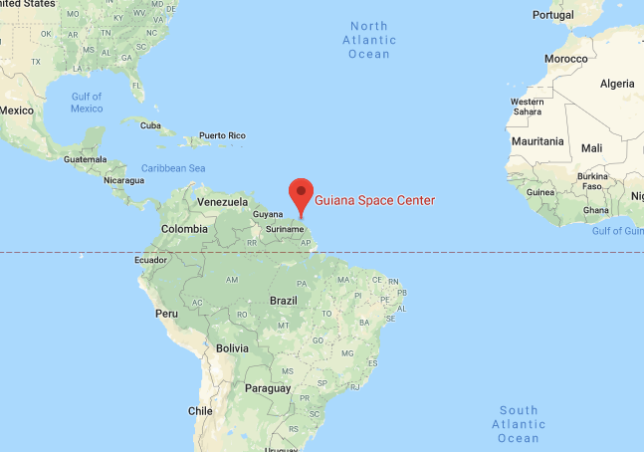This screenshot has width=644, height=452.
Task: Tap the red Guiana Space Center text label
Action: (375, 200)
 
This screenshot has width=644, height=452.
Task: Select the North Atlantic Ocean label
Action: (368, 40)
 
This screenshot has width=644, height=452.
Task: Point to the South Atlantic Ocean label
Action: (519, 424)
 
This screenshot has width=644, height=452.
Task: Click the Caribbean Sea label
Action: (173, 168)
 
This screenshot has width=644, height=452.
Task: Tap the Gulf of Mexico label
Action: (87, 102)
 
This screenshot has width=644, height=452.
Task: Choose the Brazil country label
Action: (284, 300)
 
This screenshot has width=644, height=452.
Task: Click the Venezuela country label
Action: (222, 202)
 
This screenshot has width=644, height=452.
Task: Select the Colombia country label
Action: (186, 229)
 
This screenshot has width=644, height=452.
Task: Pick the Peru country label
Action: (166, 313)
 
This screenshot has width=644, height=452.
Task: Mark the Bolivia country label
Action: (232, 348)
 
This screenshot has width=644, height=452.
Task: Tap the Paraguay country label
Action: (268, 387)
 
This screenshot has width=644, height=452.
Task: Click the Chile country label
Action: (200, 410)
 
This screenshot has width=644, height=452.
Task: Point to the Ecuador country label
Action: (150, 261)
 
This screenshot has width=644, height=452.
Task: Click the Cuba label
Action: (150, 125)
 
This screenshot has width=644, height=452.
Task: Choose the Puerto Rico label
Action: (222, 135)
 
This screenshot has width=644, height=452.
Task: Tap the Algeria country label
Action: (617, 84)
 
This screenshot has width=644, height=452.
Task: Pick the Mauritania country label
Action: (537, 142)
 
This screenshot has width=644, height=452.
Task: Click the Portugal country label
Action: (552, 15)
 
